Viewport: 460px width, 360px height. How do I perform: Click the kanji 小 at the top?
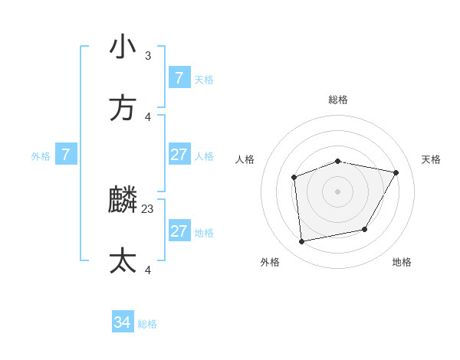coord(123,47)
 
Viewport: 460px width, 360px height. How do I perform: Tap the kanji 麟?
coord(123,201)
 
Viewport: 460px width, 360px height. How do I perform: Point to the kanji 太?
coord(123,261)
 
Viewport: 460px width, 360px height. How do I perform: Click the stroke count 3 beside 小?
coord(148,55)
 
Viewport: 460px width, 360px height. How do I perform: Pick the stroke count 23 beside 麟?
coord(148,208)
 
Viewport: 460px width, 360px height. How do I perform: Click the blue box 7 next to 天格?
coord(179,78)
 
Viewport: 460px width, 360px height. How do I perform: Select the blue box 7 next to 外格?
coord(66,155)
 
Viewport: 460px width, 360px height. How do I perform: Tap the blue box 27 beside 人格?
coord(179,155)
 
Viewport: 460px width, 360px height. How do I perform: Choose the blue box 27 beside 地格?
coord(179,231)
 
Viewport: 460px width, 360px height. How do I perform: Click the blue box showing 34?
coord(122,322)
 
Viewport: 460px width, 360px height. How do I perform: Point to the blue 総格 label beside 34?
coord(147,324)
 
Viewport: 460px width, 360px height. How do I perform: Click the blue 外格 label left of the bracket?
coord(41,156)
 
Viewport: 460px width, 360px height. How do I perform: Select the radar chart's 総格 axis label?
coord(338,100)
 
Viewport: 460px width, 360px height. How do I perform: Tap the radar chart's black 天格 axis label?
coord(431,159)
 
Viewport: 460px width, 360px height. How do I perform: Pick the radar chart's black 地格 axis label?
coord(402,262)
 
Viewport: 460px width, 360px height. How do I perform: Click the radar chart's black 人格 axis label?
coord(245,159)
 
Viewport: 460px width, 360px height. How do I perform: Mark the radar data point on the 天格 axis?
coord(396,173)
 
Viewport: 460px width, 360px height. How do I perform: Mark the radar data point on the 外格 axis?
coord(302,242)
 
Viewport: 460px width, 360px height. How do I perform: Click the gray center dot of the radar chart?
coord(338,191)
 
